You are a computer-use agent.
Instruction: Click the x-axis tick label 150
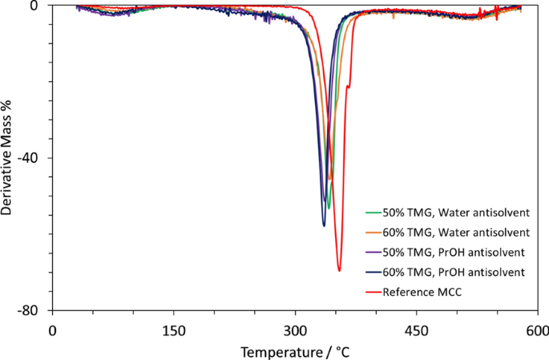click(x=174, y=329)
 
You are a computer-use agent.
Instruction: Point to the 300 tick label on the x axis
click(x=295, y=329)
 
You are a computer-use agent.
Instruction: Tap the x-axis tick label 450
click(x=416, y=329)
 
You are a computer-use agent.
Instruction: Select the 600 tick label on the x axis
click(x=537, y=329)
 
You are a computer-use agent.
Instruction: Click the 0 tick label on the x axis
click(x=53, y=329)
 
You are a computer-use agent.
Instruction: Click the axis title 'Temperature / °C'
click(x=295, y=350)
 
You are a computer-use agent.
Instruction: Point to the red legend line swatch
click(x=373, y=291)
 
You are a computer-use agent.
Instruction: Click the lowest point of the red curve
click(x=339, y=271)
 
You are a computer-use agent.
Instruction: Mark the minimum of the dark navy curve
click(x=324, y=226)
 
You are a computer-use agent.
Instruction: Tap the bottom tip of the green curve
click(x=329, y=208)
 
